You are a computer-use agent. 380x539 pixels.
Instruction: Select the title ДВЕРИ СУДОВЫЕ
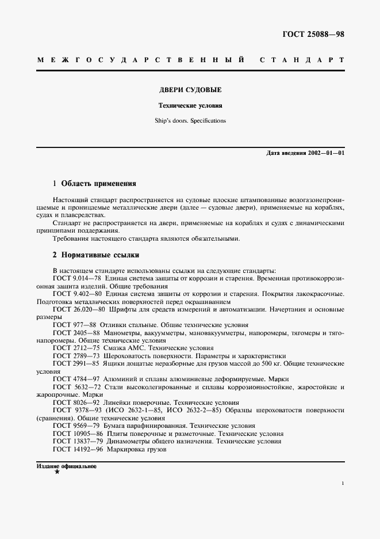click(x=190, y=90)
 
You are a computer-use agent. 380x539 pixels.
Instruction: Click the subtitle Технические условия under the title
click(x=190, y=106)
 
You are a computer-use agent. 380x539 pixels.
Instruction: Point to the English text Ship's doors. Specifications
click(x=190, y=121)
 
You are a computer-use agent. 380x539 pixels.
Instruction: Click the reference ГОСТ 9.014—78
click(x=77, y=278)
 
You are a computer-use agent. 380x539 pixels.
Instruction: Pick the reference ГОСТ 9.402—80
click(x=77, y=294)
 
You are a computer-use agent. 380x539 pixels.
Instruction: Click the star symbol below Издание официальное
click(x=56, y=472)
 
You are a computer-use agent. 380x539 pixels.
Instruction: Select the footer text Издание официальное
click(x=66, y=466)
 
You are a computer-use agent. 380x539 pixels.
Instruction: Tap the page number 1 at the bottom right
click(x=342, y=484)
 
